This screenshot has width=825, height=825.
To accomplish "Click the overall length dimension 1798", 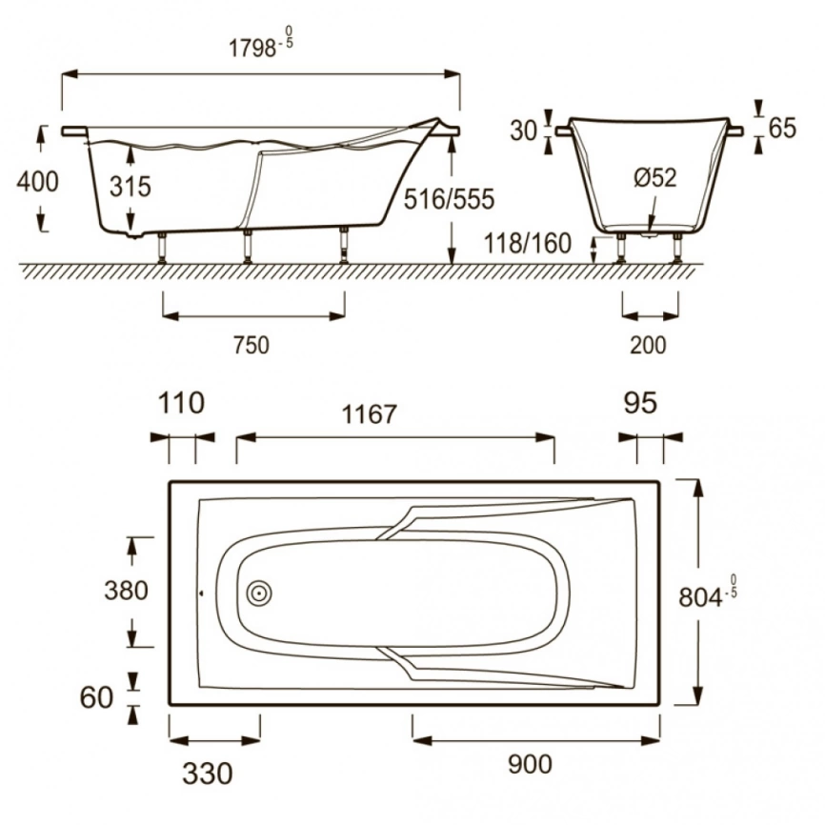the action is [x=252, y=49].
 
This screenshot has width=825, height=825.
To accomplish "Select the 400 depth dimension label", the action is [x=37, y=182].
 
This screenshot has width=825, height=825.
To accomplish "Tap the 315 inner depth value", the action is [x=131, y=187].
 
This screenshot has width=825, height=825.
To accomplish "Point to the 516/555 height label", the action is [x=450, y=199].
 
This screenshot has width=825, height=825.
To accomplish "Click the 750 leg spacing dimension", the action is [x=252, y=345].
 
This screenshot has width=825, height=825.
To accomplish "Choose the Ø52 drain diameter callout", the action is [x=655, y=178].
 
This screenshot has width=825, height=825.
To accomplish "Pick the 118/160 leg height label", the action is [x=527, y=244].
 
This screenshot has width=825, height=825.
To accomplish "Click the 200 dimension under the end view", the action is [x=648, y=345].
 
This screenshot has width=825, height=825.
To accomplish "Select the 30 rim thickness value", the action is [x=523, y=131].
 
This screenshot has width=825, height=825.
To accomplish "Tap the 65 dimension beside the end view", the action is [x=782, y=128].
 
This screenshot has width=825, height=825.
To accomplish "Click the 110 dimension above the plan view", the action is [x=181, y=403].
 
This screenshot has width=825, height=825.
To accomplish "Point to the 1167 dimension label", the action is [x=369, y=414].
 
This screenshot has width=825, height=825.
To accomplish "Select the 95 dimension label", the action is [x=640, y=403].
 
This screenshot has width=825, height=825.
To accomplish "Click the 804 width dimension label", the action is [x=700, y=597].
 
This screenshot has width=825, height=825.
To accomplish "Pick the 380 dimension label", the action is [x=127, y=591].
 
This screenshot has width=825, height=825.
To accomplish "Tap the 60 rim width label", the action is [x=96, y=697].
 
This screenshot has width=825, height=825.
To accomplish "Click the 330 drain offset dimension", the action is [x=208, y=774].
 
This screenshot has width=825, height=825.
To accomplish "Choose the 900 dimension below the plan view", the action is [x=531, y=764].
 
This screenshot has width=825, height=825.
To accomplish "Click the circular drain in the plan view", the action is [x=259, y=594].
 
